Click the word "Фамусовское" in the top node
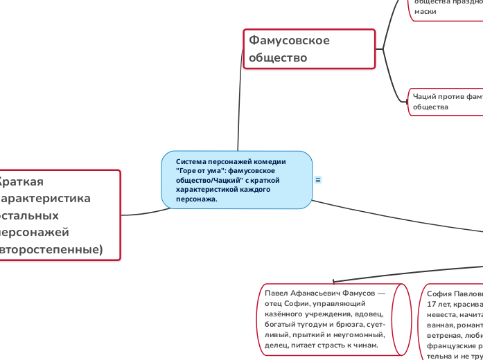click(x=290, y=40)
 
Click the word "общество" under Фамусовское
click(x=278, y=58)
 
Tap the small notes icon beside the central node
click(x=318, y=180)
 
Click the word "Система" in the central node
click(x=191, y=161)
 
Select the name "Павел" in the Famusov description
click(x=276, y=294)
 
